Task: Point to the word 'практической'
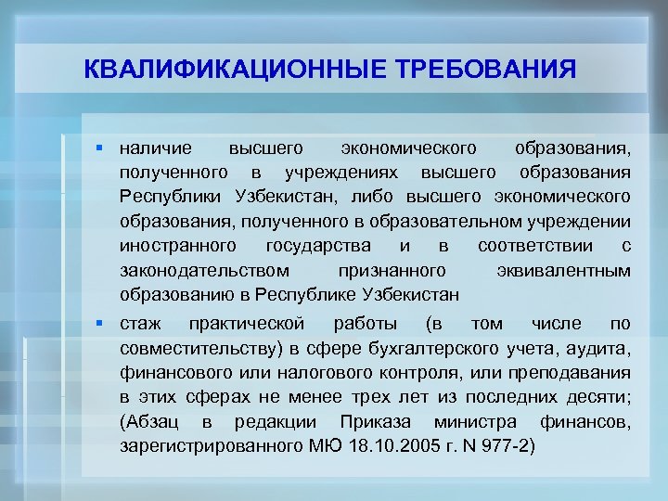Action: (247, 324)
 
